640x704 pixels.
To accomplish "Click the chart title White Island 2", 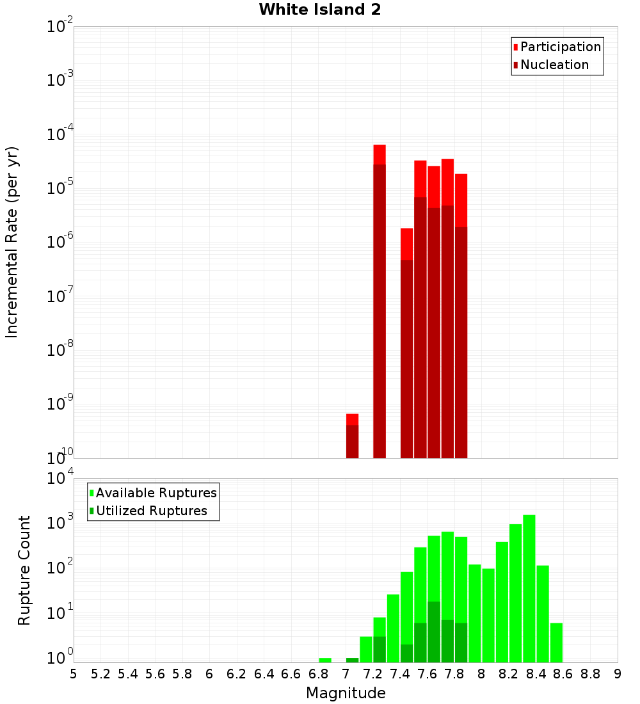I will tap(320, 10).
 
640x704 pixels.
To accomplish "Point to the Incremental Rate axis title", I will tap(12, 242).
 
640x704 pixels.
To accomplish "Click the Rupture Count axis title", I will tap(24, 570).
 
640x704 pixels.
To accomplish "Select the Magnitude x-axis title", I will tap(346, 693).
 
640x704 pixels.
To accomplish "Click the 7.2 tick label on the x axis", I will tap(372, 673).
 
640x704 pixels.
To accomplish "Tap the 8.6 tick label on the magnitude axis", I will tap(563, 673).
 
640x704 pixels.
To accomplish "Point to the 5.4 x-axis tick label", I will tap(127, 673).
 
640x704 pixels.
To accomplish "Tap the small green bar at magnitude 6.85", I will tap(325, 660).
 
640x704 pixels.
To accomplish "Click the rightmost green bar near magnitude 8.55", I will tap(556, 643).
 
